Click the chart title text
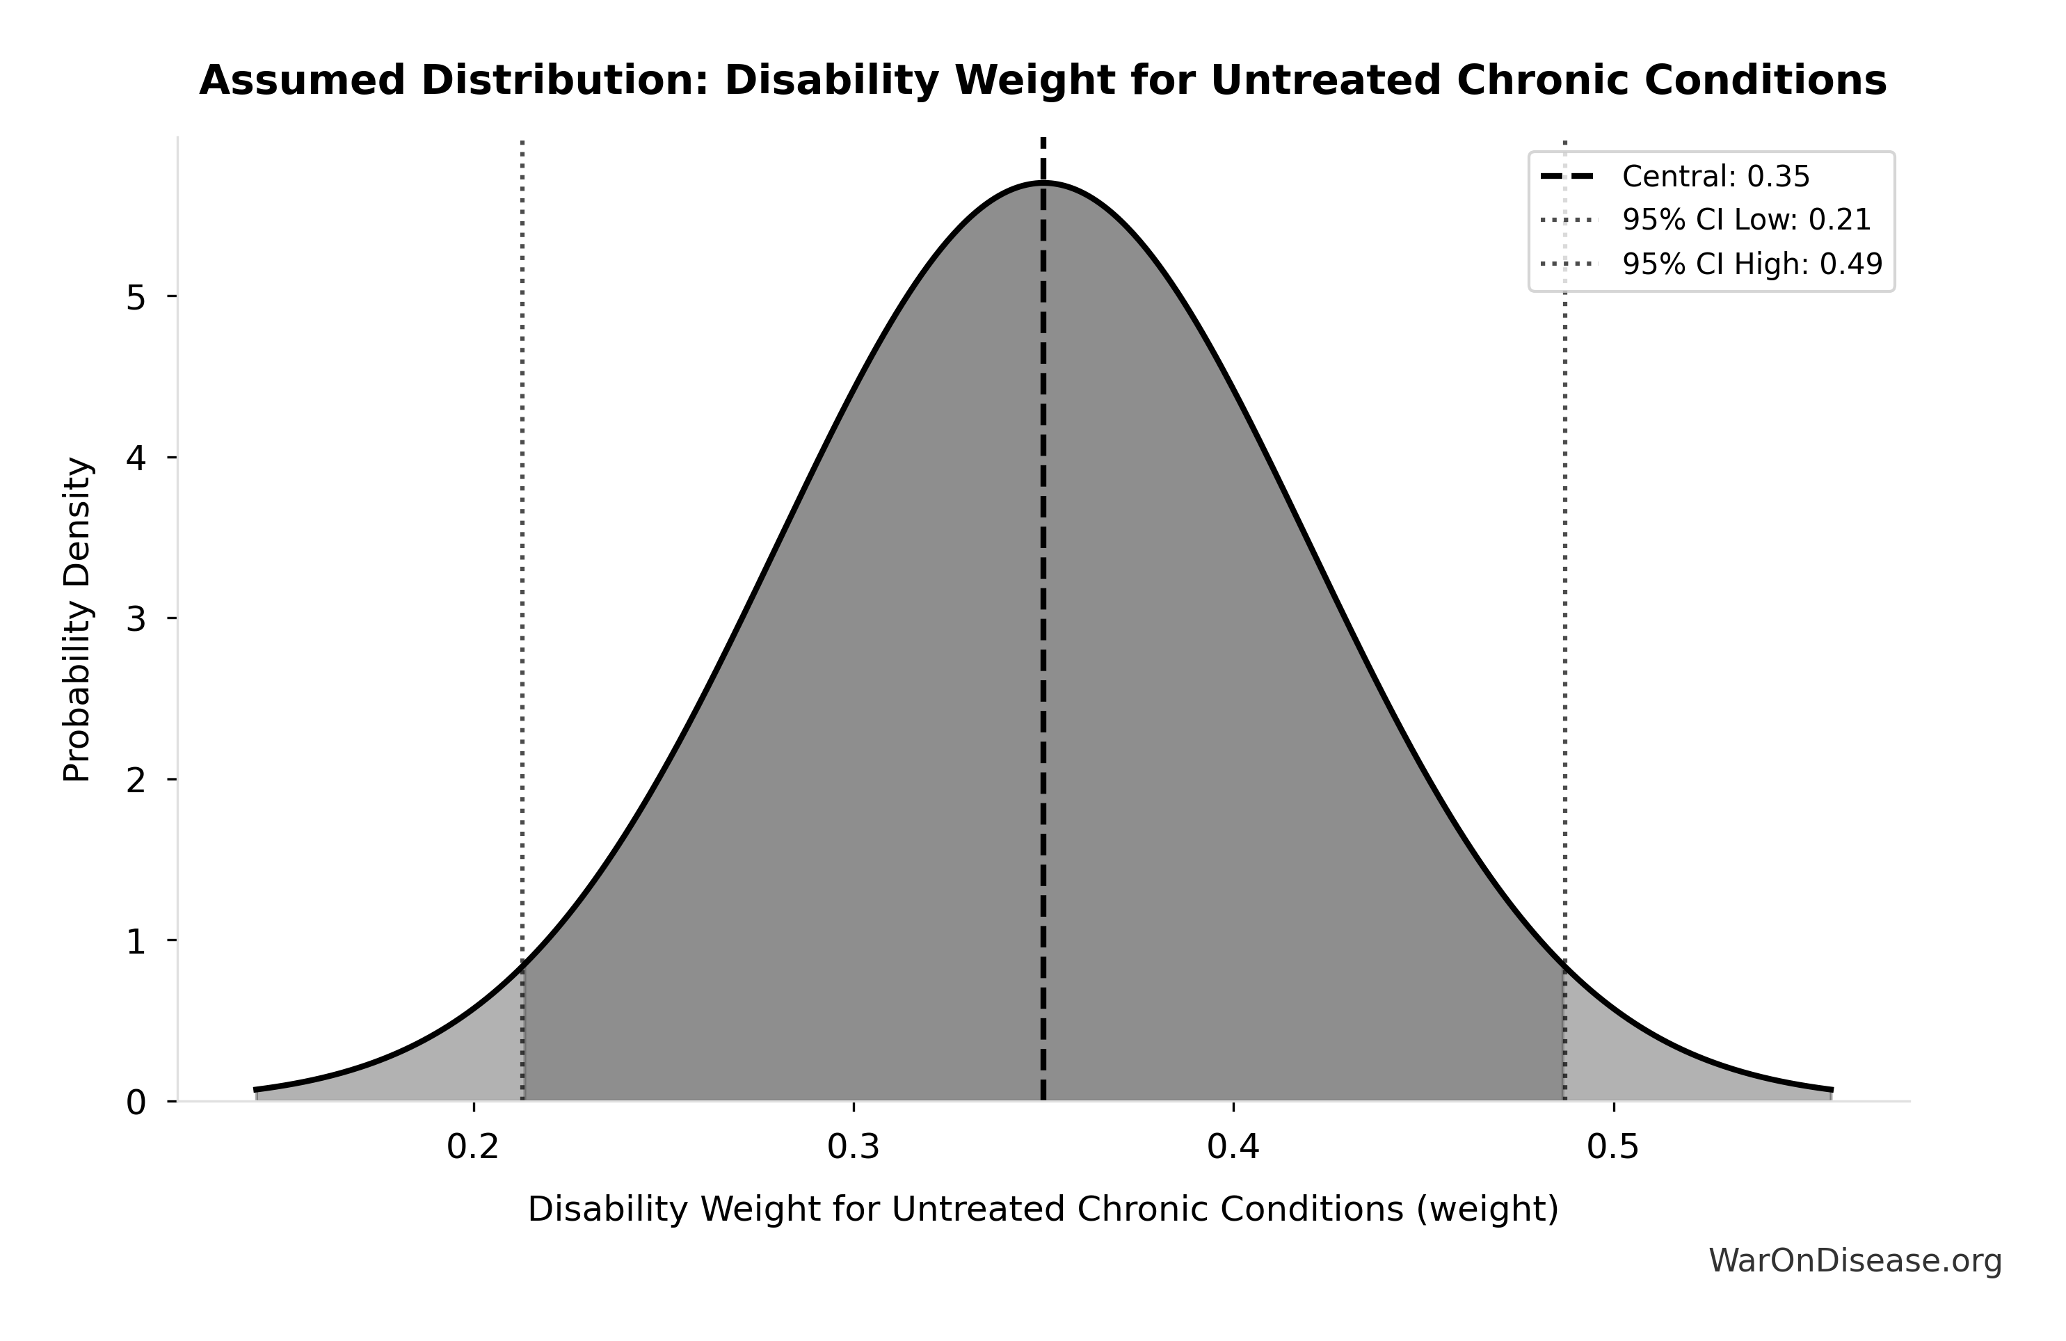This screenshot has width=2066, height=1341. [x=1043, y=81]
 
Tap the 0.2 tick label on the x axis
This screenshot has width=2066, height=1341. [x=473, y=1148]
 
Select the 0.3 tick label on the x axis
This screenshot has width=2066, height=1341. [x=854, y=1148]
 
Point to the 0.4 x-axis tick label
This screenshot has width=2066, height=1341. [x=1233, y=1148]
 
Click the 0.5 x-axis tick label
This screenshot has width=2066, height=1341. [x=1613, y=1148]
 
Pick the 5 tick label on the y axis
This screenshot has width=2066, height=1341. [x=136, y=298]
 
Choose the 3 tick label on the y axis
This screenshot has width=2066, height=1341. [x=136, y=619]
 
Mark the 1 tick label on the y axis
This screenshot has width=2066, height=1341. [x=136, y=941]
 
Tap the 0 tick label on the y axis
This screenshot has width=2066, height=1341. [x=136, y=1102]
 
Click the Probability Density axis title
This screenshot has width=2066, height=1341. [x=77, y=619]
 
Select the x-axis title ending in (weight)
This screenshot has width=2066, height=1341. [x=1043, y=1210]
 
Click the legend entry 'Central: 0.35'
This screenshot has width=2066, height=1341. [x=1715, y=177]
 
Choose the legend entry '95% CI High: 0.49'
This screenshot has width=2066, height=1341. [x=1752, y=264]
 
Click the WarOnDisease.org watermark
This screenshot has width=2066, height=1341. [x=1855, y=1261]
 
